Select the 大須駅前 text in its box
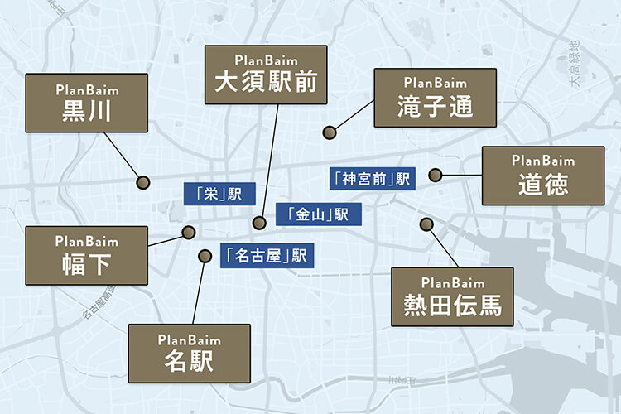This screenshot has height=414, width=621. (266, 82)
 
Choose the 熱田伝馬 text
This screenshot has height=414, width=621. (452, 304)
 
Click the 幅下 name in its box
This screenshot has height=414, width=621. (87, 265)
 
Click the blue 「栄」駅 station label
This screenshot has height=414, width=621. (213, 194)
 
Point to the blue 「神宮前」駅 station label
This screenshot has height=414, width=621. (371, 178)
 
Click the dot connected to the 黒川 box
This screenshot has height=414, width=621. (142, 181)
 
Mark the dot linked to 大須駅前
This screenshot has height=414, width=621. (259, 223)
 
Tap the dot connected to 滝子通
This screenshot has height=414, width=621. (330, 131)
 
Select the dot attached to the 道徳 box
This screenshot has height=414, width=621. (435, 175)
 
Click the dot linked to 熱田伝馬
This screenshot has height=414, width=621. (426, 224)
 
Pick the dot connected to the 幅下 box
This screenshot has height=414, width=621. (188, 233)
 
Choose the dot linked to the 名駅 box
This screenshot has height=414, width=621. (204, 257)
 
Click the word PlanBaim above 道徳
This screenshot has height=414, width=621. (543, 160)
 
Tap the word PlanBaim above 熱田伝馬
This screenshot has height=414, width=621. (452, 282)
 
